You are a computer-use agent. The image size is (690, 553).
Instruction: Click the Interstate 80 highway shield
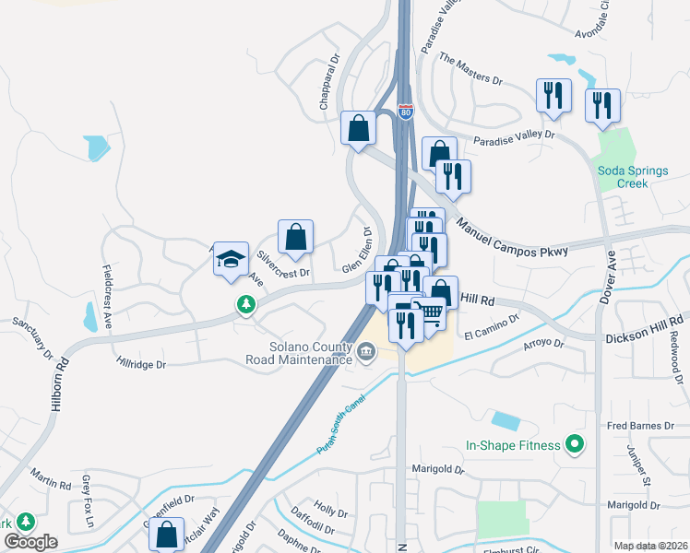pyautogui.click(x=406, y=112)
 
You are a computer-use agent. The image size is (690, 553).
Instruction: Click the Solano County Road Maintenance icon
pyautogui.click(x=366, y=350)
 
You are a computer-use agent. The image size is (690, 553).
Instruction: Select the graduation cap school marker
pyautogui.click(x=231, y=261)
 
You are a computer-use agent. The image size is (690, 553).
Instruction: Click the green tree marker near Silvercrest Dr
pyautogui.click(x=245, y=303)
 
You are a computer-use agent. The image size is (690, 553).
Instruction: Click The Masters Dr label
pyautogui.click(x=470, y=69)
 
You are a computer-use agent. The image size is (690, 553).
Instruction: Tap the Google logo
pyautogui.click(x=30, y=542)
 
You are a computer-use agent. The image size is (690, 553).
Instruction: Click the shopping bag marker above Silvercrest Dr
pyautogui.click(x=295, y=237)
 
